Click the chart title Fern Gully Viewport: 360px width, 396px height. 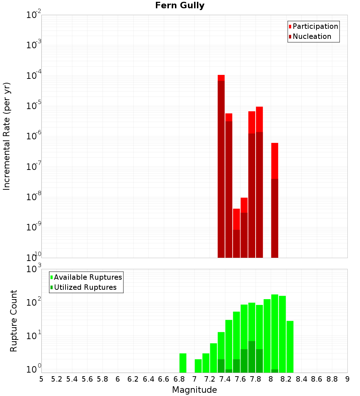point(180,6)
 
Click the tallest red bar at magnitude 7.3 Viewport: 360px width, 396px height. point(221,166)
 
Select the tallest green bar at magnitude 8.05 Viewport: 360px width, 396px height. point(275,331)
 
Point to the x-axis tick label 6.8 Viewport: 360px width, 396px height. point(179,379)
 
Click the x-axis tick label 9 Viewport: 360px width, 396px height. point(347,379)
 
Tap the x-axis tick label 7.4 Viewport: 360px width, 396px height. point(225,379)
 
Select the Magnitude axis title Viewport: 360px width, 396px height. point(194,390)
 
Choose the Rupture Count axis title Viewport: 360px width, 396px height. point(14,320)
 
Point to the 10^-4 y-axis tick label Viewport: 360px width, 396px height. point(34,76)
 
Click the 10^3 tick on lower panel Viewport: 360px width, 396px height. point(34,269)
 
